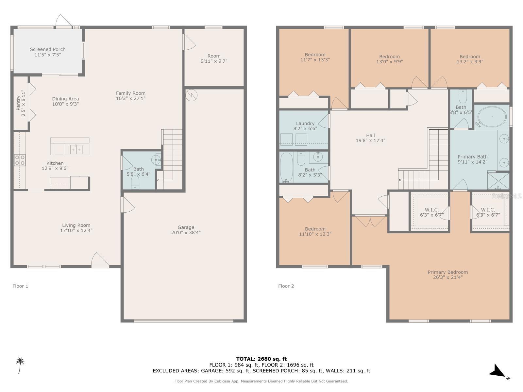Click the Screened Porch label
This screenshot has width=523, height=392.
(48, 49)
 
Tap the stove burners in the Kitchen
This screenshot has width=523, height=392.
(20, 160)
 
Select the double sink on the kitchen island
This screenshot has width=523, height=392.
(76, 149)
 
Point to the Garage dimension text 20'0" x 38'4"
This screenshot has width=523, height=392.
(186, 233)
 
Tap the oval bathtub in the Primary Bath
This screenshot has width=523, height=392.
(492, 117)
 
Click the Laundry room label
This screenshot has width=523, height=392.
(305, 123)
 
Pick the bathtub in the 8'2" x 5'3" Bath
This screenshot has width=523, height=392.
(287, 167)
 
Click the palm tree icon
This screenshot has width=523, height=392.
(20, 365)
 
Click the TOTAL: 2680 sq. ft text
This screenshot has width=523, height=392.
(261, 359)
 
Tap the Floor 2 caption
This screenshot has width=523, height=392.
(286, 286)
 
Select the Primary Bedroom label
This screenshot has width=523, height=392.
(447, 272)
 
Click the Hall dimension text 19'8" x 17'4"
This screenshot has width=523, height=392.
(370, 140)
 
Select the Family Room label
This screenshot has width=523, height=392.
(130, 93)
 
